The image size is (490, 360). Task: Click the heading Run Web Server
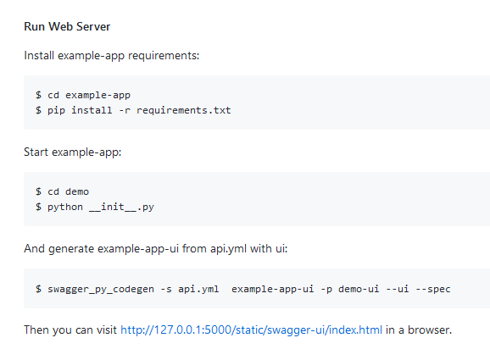tap(67, 26)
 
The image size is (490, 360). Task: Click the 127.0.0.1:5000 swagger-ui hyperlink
tap(251, 330)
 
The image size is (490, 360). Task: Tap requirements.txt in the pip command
tap(184, 110)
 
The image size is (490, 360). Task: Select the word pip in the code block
tap(56, 111)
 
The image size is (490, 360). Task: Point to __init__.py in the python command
tap(121, 207)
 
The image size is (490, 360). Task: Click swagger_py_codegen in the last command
tap(101, 290)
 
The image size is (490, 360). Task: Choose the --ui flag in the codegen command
tap(398, 289)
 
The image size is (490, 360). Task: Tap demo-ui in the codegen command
tap(359, 289)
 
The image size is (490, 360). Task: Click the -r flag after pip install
tap(125, 110)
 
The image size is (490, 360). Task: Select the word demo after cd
tap(77, 191)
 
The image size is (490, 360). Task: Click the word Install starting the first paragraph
tap(39, 56)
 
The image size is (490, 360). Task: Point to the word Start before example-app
tap(36, 152)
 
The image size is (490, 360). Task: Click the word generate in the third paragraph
tap(71, 249)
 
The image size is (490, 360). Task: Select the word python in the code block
tap(65, 208)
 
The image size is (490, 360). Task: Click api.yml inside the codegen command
tap(198, 289)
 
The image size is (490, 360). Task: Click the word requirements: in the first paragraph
tap(164, 56)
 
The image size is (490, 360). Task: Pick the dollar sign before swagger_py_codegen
tap(38, 289)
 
